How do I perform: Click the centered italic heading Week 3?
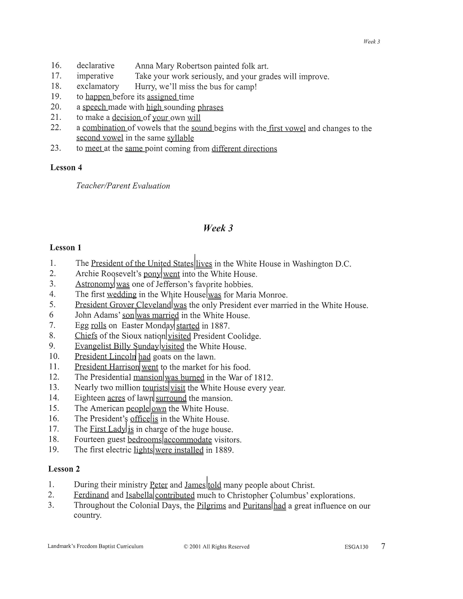(218, 228)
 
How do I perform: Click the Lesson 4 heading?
(66, 167)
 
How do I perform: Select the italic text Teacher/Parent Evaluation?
(123, 186)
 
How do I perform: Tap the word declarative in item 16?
(95, 66)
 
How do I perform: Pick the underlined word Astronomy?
(94, 284)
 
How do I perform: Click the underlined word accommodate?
(188, 440)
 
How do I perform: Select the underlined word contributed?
(175, 496)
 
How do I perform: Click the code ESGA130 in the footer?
(356, 547)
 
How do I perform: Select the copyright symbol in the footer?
(186, 547)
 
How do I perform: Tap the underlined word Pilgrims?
(211, 506)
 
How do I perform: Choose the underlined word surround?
(171, 398)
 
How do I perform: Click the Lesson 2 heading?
(64, 469)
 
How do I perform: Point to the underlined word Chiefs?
(86, 336)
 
